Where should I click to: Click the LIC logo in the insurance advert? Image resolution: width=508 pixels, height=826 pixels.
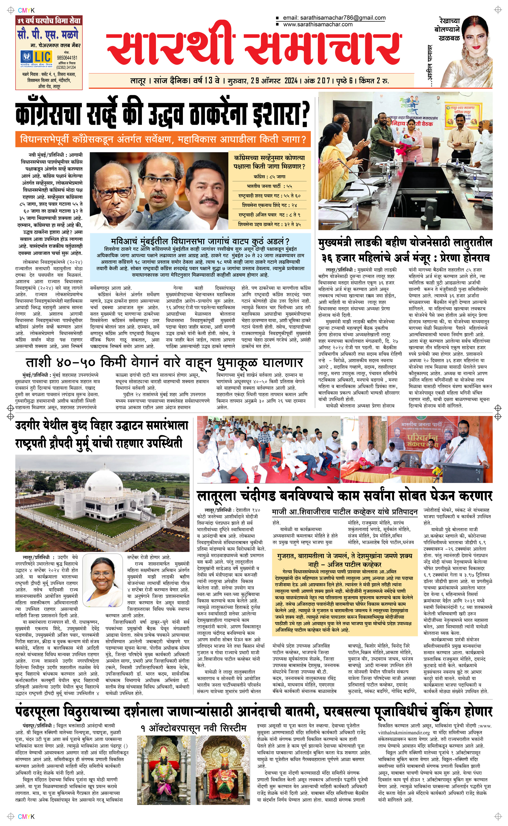[36, 57]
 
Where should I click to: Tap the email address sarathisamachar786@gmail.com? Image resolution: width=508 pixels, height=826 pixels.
[334, 18]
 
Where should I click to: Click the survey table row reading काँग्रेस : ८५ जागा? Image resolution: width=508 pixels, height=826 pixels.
[269, 177]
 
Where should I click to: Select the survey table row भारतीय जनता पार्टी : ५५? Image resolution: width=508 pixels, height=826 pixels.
[269, 186]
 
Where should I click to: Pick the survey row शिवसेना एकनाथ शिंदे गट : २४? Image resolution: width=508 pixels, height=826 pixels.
[269, 205]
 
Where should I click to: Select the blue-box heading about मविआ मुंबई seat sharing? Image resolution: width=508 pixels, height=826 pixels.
[200, 241]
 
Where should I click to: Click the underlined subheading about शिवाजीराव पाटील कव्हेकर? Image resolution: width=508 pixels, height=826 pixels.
[344, 512]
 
